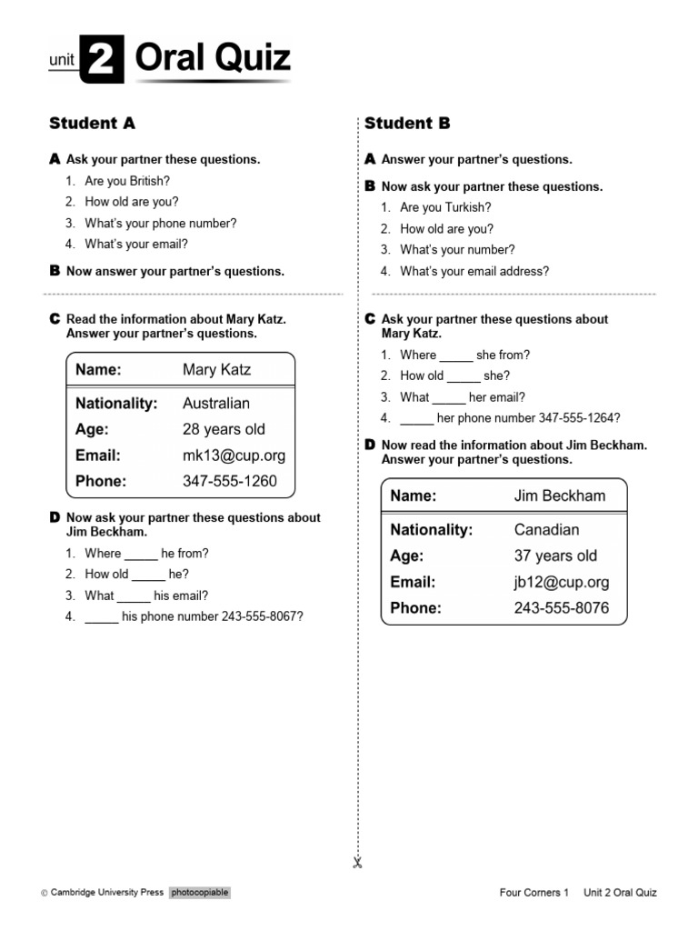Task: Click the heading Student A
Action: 92,123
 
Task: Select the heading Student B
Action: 407,123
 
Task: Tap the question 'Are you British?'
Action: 127,181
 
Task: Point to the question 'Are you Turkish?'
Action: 445,207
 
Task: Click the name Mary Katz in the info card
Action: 216,369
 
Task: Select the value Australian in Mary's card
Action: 216,403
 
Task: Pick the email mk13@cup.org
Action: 234,455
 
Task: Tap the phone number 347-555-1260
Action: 230,481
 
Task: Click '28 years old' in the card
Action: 224,429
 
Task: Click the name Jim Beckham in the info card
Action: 559,496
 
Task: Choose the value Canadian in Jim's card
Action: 546,529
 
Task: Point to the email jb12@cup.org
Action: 562,582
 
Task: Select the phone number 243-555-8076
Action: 562,607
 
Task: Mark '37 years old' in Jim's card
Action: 555,556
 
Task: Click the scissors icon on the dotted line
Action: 358,863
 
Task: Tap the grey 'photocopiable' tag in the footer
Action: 199,893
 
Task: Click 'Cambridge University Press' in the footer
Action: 106,893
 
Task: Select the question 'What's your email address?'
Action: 474,271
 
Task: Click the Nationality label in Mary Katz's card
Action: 116,403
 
